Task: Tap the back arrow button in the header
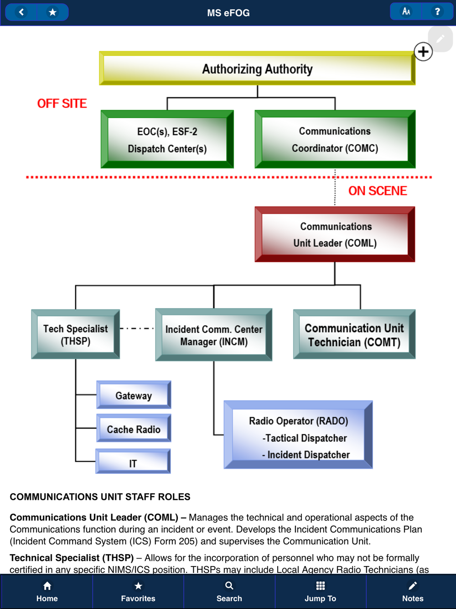21,12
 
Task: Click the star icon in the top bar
52,12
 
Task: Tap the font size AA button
406,12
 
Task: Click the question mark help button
437,12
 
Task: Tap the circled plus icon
423,52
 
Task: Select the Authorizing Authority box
257,68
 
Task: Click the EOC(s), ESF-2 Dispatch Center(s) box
167,139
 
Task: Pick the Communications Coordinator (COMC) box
335,139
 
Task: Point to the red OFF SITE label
62,104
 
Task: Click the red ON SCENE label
378,191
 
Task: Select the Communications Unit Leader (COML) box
335,234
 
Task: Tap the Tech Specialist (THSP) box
76,334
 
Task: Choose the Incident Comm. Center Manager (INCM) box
213,335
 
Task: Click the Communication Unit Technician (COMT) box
354,335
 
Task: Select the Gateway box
134,395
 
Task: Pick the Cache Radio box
134,429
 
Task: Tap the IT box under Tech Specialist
133,462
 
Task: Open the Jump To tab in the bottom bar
320,591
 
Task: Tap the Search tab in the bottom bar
229,591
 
